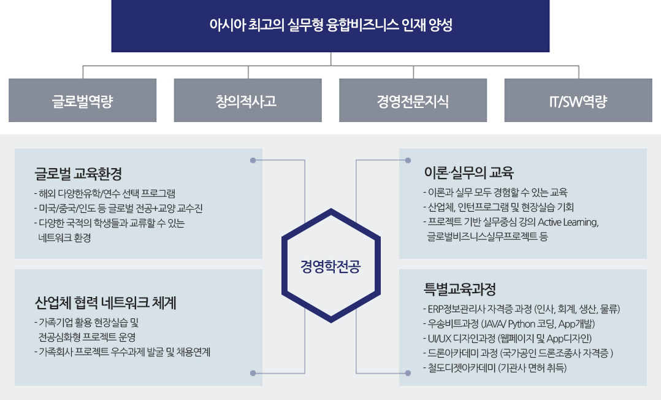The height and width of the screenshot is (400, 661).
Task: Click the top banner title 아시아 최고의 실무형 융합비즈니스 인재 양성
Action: pyautogui.click(x=330, y=25)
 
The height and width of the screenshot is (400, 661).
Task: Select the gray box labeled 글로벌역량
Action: pyautogui.click(x=83, y=101)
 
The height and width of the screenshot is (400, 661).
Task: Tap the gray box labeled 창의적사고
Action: pyautogui.click(x=248, y=101)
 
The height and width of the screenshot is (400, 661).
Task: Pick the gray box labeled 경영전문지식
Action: pyautogui.click(x=413, y=101)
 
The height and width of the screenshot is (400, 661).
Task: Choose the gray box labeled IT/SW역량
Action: pyautogui.click(x=578, y=101)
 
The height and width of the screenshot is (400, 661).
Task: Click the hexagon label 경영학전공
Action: pyautogui.click(x=330, y=267)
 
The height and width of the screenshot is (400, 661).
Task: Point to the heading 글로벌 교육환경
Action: pyautogui.click(x=78, y=174)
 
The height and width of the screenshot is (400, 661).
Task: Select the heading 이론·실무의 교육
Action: pyautogui.click(x=468, y=172)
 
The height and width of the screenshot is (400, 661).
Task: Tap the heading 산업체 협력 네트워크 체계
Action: pyautogui.click(x=105, y=303)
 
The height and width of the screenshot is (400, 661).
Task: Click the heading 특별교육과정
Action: pyautogui.click(x=459, y=290)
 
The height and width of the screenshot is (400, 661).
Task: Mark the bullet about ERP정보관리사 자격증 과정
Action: pyautogui.click(x=521, y=309)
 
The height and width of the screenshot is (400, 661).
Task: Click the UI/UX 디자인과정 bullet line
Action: pyautogui.click(x=507, y=339)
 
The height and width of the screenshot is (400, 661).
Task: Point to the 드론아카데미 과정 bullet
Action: pyautogui.click(x=518, y=353)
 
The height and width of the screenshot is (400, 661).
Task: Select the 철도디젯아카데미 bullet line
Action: pyautogui.click(x=495, y=368)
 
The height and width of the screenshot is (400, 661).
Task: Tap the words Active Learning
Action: pyautogui.click(x=568, y=222)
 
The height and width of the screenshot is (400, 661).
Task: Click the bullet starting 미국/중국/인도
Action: pyautogui.click(x=118, y=209)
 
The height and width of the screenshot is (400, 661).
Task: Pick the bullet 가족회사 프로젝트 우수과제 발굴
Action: pyautogui.click(x=122, y=352)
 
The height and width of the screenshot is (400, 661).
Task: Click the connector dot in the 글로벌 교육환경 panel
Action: pyautogui.click(x=253, y=160)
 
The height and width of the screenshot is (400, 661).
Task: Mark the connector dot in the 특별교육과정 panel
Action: pyautogui.click(x=408, y=373)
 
